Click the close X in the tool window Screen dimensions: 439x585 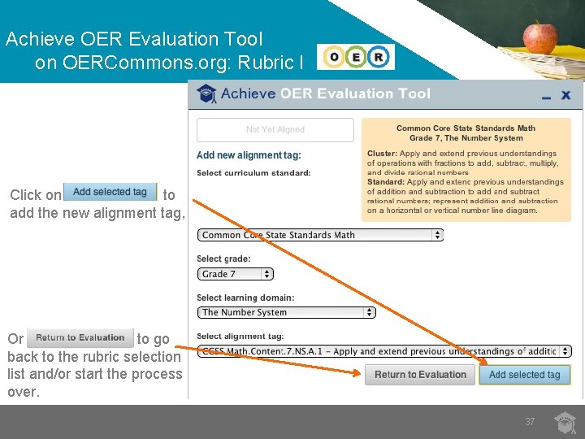(x=566, y=96)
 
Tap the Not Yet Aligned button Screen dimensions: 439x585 (x=275, y=130)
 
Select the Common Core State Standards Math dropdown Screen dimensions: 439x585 (x=321, y=235)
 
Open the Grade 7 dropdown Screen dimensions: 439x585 (x=236, y=274)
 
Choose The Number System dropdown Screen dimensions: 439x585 (x=287, y=312)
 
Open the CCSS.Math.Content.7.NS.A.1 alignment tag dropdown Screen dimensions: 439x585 (x=384, y=351)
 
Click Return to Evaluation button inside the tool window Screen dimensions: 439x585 (x=420, y=375)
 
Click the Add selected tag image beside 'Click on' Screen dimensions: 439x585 (x=110, y=192)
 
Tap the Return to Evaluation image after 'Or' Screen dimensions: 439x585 (x=80, y=337)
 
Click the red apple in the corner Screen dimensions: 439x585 (x=539, y=37)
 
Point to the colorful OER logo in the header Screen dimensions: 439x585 (x=355, y=57)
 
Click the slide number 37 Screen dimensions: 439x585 (x=530, y=422)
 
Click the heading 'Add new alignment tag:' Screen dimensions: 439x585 (x=249, y=155)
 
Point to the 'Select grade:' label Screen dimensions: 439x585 (x=223, y=259)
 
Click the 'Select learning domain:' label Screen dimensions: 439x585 (x=245, y=298)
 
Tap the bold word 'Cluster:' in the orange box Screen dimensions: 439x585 (x=382, y=154)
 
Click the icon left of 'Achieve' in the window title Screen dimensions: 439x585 (x=207, y=94)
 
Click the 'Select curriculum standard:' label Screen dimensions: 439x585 (x=253, y=173)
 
